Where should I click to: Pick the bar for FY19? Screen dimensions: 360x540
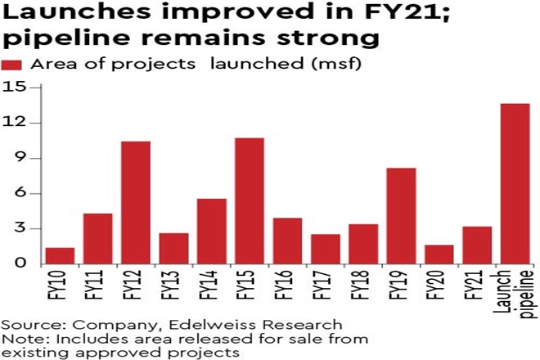[401, 216]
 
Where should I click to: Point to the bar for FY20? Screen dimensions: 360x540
[439, 254]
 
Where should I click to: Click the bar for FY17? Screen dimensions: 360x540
[325, 249]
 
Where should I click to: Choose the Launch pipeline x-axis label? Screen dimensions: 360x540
[515, 290]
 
